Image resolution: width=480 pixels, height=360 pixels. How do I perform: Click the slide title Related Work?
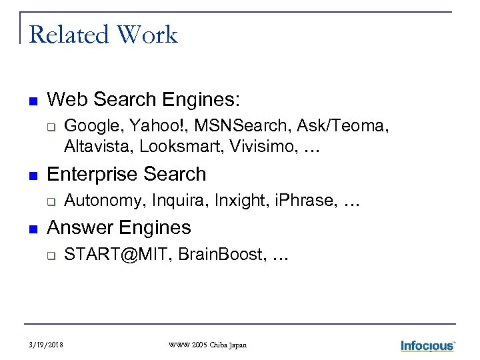coord(103,35)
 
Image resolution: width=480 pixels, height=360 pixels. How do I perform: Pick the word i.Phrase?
coord(305,201)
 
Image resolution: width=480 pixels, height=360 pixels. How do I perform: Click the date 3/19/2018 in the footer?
coord(47,345)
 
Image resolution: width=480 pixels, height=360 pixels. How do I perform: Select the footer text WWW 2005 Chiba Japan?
coord(207,345)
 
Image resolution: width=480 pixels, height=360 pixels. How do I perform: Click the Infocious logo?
coord(427,345)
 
